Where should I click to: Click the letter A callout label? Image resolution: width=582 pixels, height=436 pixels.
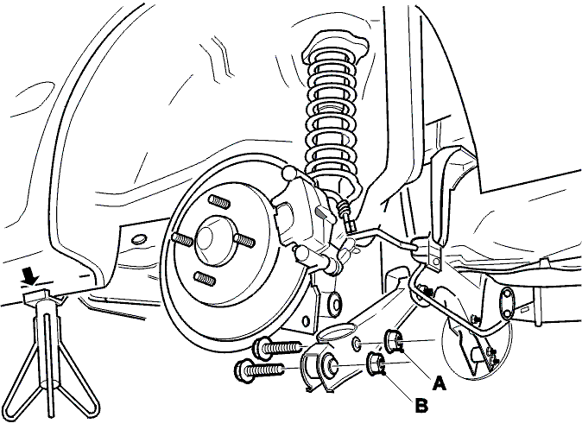[x=440, y=383]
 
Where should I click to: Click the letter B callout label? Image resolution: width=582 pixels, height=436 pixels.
[x=421, y=406]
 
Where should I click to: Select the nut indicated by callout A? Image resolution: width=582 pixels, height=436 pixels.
[x=392, y=340]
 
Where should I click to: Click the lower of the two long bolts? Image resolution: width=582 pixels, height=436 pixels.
[x=260, y=370]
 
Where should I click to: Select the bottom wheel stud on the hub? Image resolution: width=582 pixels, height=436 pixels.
[x=205, y=279]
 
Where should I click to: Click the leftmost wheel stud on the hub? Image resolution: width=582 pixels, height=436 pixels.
[x=182, y=240]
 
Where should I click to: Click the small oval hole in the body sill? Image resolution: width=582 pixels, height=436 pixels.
[x=138, y=238]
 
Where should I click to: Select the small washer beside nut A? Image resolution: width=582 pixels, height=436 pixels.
[x=357, y=344]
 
